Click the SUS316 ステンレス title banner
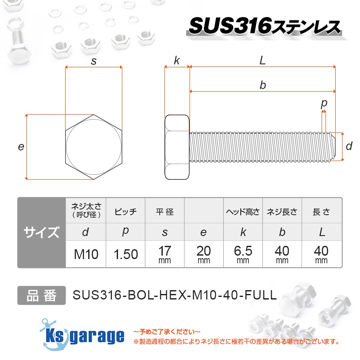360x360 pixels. coord(264,26)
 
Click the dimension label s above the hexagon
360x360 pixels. coord(94,61)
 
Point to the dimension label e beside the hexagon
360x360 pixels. coord(21,147)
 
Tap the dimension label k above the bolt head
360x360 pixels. coord(177,60)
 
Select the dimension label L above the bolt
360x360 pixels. coord(263,60)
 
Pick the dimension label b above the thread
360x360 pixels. coord(263,85)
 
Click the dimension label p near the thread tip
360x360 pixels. coord(324,103)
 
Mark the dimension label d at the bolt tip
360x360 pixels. coord(349,147)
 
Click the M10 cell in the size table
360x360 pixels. coord(86,254)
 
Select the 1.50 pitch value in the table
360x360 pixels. coord(126,254)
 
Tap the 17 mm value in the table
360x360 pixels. coord(164,254)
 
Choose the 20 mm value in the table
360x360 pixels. coord(204,254)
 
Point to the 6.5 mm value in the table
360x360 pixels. coord(243,254)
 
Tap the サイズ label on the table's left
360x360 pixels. coord(41,233)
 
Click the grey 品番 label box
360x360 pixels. coord(41,295)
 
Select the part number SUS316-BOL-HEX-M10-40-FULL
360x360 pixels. coord(175,295)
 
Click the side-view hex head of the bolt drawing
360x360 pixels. coord(177,147)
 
